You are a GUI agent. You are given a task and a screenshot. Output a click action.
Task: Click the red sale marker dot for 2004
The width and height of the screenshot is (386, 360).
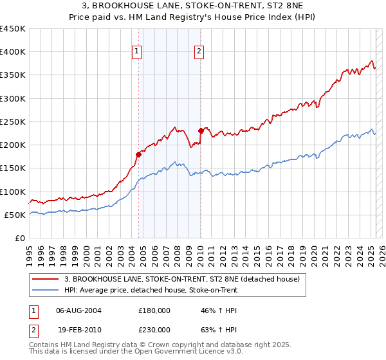138,154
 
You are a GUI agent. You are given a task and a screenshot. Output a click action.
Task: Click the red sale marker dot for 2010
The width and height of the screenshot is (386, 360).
201,131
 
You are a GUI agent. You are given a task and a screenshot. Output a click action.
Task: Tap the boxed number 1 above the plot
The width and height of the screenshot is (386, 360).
137,52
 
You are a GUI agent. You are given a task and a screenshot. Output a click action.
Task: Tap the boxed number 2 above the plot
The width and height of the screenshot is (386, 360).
199,52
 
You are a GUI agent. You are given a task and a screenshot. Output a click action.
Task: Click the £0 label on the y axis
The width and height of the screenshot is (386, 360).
20,238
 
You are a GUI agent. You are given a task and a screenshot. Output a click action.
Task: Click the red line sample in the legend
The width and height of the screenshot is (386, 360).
45,279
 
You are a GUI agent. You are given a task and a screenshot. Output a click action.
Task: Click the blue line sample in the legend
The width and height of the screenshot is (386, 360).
45,290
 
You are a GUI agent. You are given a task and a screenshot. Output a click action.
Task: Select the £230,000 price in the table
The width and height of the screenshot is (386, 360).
154,329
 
